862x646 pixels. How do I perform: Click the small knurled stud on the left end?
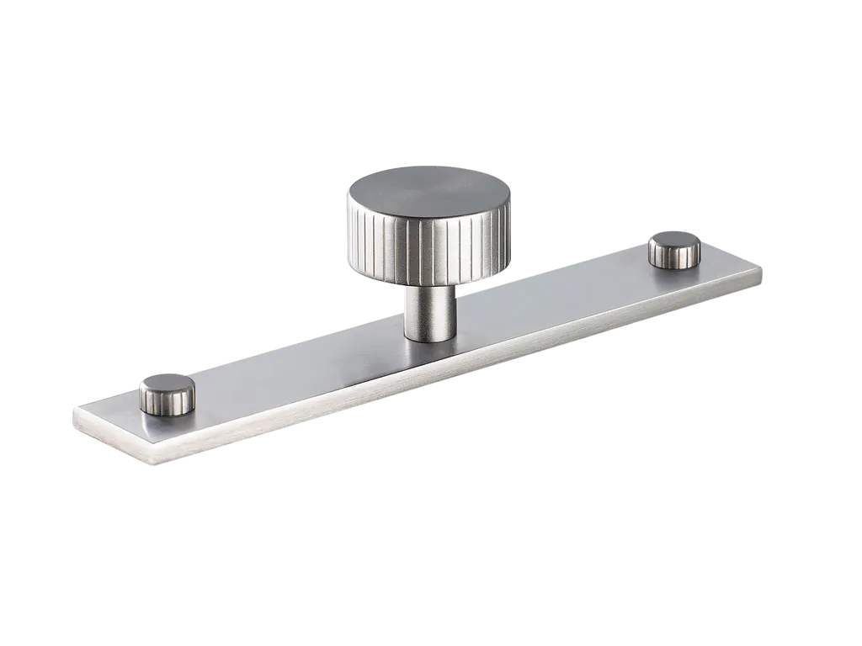167,394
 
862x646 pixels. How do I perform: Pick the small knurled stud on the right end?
673,250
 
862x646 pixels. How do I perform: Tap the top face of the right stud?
674,241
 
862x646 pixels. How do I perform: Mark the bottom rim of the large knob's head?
427,280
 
